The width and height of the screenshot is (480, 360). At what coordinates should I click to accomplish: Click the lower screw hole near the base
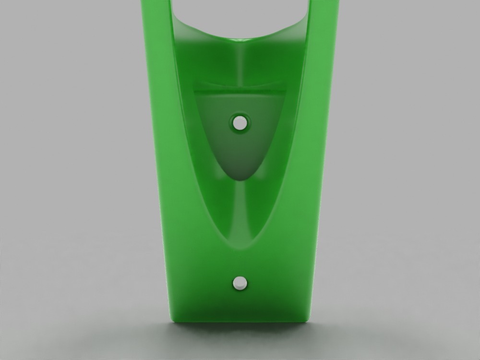pyautogui.click(x=239, y=283)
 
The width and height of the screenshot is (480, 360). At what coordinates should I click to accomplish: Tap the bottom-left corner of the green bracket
pyautogui.click(x=172, y=319)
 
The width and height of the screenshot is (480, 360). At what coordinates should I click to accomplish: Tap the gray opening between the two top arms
pyautogui.click(x=240, y=12)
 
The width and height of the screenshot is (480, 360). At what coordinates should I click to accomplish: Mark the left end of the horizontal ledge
pyautogui.click(x=196, y=89)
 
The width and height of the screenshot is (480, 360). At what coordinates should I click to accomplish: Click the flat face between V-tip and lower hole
pyautogui.click(x=239, y=264)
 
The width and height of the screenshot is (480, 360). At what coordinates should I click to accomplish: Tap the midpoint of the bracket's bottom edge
pyautogui.click(x=240, y=320)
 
